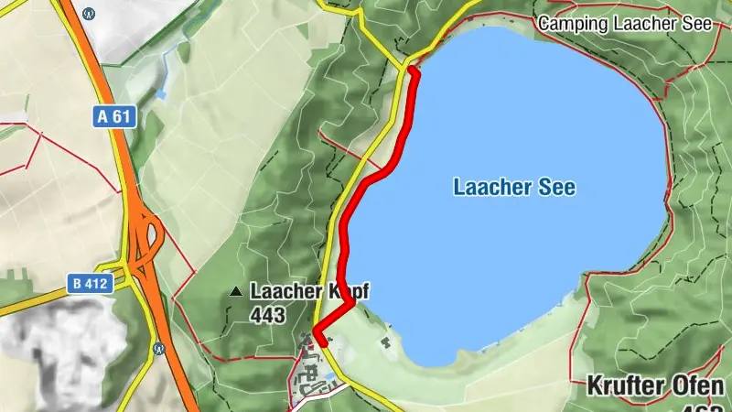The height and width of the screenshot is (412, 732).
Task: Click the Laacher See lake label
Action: [x=514, y=188]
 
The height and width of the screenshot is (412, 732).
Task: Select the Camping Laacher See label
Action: [x=624, y=23]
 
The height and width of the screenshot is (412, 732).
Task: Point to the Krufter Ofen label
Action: [x=657, y=385]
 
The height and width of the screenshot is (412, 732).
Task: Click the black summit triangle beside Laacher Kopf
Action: [x=236, y=293]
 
